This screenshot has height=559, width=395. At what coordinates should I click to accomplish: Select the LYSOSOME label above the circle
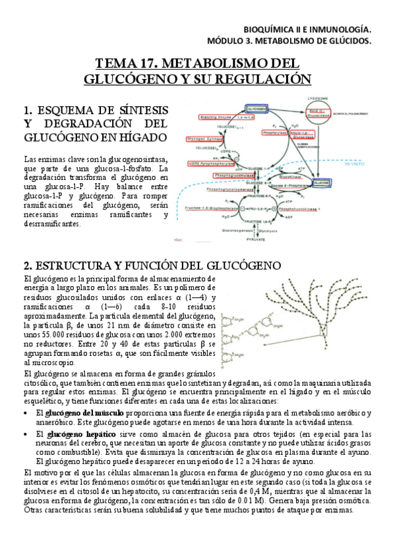[x=325, y=97]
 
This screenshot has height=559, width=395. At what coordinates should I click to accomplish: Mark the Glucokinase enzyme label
[x=289, y=177]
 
